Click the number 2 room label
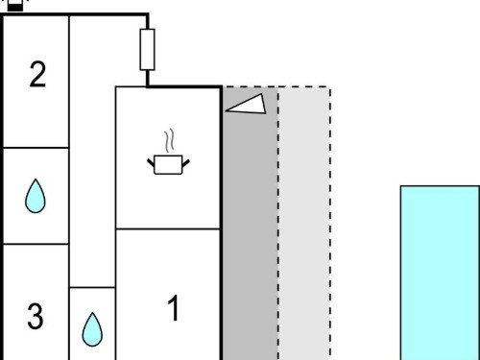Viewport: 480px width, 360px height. tap(37, 74)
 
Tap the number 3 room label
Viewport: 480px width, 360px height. tap(36, 316)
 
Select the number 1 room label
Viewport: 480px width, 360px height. tap(174, 308)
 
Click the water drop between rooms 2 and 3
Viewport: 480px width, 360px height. tap(36, 196)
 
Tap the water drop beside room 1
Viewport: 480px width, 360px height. tap(92, 329)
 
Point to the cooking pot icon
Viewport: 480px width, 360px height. tap(168, 164)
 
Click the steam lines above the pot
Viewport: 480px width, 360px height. tap(170, 140)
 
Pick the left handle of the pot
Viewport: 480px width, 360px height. tap(151, 162)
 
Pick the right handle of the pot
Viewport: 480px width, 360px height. tap(186, 162)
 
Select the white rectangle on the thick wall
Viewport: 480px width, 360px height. tap(148, 50)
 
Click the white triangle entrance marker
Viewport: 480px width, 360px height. tap(247, 104)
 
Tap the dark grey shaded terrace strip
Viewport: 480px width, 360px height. tap(250, 224)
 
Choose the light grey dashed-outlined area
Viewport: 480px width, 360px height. tap(304, 224)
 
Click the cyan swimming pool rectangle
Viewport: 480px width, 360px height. tap(440, 273)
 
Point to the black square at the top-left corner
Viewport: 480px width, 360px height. tap(15, 7)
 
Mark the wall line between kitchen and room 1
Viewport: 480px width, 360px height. tap(168, 229)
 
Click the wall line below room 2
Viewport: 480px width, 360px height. tap(36, 148)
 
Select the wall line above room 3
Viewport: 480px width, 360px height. tap(36, 244)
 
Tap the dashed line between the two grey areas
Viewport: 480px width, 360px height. tap(278, 224)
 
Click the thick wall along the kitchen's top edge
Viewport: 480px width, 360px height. tap(184, 86)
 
